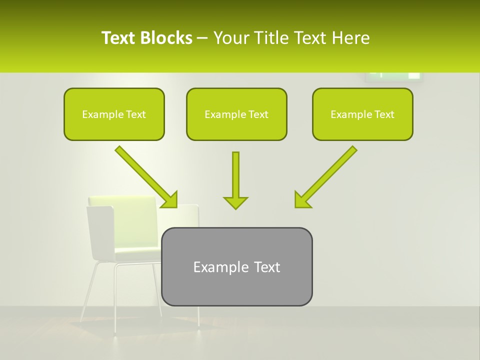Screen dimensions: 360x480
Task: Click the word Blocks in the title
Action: coord(166,38)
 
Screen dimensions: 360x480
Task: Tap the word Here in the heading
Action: coord(350,38)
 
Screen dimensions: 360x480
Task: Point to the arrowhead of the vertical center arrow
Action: coord(235,202)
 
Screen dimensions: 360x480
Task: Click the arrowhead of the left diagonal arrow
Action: coord(170,200)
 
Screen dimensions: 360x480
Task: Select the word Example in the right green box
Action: coord(348,114)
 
